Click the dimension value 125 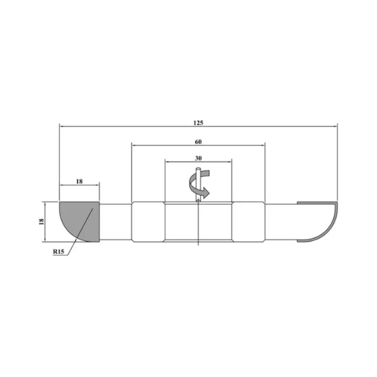tap(199, 123)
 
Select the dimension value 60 tap(198, 142)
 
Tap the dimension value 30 tap(198, 158)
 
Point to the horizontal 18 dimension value tap(80, 181)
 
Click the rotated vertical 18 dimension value tap(41, 221)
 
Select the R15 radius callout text tap(58, 252)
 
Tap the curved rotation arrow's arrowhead tap(206, 193)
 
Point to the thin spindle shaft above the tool tap(198, 184)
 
